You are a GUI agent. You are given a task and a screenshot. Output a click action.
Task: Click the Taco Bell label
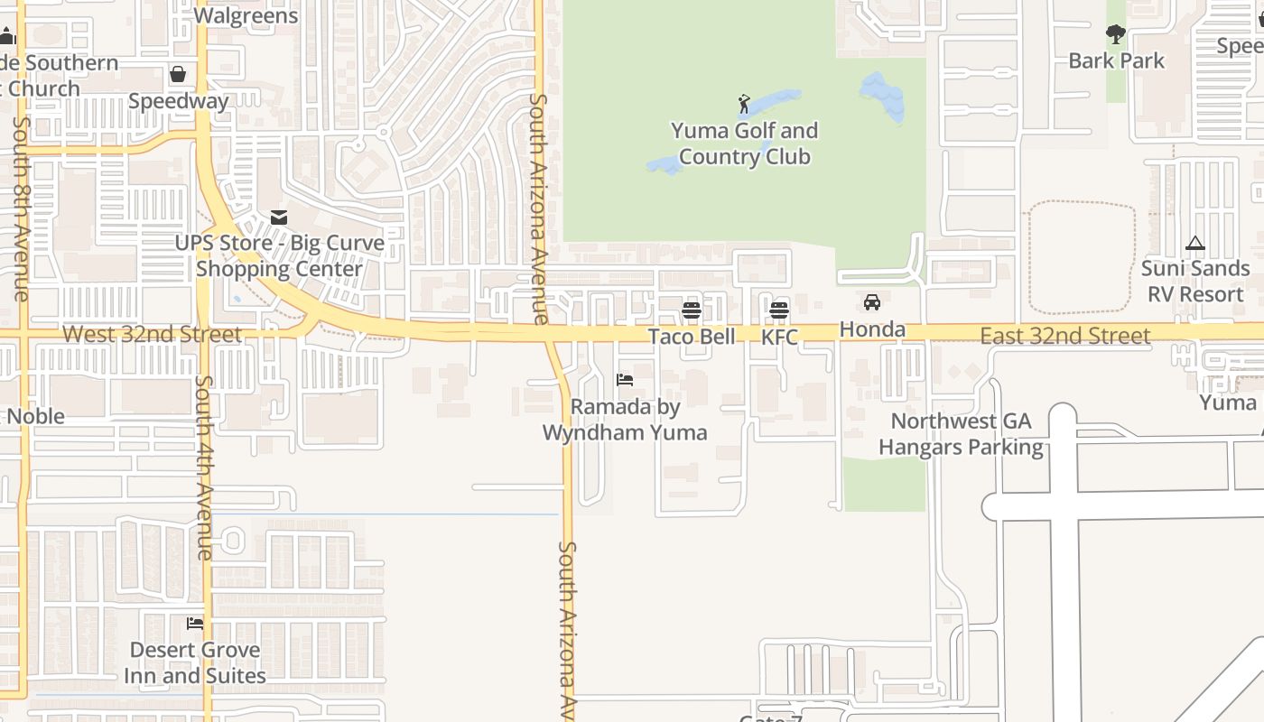(x=692, y=337)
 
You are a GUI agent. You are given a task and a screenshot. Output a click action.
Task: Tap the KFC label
(x=779, y=338)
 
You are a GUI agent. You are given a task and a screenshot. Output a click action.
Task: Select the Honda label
(x=872, y=329)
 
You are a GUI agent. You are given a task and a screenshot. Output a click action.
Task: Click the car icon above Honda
(x=872, y=302)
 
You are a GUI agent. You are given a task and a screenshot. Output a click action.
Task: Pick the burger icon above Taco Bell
(x=692, y=310)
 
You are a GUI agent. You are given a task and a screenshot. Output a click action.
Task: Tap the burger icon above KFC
(x=779, y=310)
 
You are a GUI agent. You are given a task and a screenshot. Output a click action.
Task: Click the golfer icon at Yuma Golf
(x=744, y=104)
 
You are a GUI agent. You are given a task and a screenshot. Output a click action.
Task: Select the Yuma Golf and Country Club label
(x=744, y=143)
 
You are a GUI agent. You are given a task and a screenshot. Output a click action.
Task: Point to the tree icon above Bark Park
(x=1116, y=34)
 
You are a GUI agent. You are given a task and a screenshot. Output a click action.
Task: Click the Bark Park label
(x=1116, y=60)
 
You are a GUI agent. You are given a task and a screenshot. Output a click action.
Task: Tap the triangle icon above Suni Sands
(x=1194, y=243)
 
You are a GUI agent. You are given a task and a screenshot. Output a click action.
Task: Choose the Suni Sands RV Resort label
(x=1194, y=281)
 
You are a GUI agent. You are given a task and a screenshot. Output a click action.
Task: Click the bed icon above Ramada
(x=625, y=380)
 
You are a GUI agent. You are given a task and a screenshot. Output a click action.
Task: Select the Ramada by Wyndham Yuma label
(x=625, y=420)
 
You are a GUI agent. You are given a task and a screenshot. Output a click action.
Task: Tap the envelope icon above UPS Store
(x=279, y=218)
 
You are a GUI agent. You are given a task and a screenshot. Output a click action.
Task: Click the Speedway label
(x=178, y=100)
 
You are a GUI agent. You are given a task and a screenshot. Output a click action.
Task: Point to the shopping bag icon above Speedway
(x=178, y=74)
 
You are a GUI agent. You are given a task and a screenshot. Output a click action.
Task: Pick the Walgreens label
(x=246, y=15)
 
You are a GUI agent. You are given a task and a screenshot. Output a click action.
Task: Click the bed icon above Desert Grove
(x=195, y=624)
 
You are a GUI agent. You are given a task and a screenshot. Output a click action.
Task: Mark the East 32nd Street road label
(x=1065, y=337)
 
